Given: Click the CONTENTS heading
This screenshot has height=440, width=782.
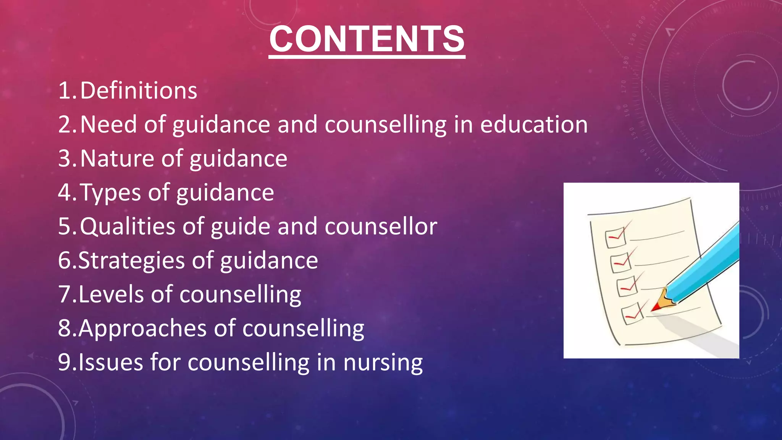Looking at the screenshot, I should [367, 39].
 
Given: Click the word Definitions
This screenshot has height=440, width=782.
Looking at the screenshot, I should [139, 91].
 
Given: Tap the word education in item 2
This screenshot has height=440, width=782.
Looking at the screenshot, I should [533, 125].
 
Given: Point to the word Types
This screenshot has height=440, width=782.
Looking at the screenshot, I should [111, 193].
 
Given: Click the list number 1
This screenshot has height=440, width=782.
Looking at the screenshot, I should [64, 91].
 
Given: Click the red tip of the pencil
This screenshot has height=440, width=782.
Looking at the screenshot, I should [656, 307].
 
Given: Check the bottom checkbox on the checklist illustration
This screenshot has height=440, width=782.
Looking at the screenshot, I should [632, 314].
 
